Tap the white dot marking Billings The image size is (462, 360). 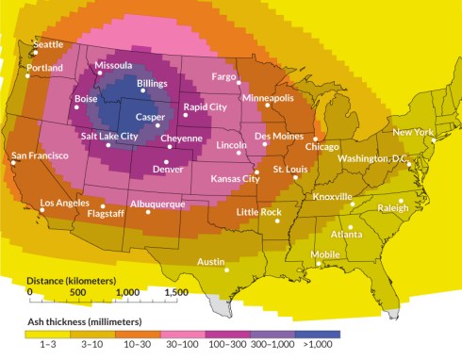pyautogui.click(x=143, y=94)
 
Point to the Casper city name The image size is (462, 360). pyautogui.click(x=150, y=117)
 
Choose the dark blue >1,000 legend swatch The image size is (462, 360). pyautogui.click(x=323, y=334)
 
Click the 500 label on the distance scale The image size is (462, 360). pyautogui.click(x=78, y=292)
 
